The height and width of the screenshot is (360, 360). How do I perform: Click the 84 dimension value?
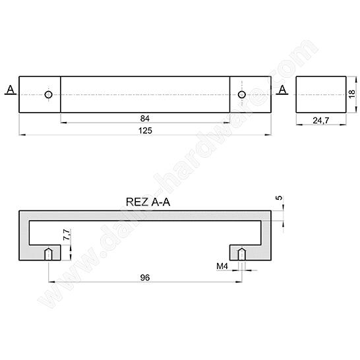[144, 118]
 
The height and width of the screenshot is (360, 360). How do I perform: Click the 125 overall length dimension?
[146, 131]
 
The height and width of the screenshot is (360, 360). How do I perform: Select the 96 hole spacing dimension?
[145, 278]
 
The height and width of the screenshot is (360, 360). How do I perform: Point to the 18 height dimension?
[352, 94]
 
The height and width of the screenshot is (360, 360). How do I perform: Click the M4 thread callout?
[222, 266]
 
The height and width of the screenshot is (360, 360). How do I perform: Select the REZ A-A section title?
[146, 202]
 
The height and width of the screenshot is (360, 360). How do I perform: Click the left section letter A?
[9, 90]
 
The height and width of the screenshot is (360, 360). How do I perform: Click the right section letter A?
[282, 90]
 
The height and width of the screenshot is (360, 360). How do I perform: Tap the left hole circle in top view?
[48, 95]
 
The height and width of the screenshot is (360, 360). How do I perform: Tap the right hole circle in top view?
[242, 95]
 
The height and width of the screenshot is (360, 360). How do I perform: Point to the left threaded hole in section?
[48, 254]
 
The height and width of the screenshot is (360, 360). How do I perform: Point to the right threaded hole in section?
[242, 254]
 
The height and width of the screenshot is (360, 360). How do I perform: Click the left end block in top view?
[40, 95]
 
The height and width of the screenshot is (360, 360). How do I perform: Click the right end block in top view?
[251, 95]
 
